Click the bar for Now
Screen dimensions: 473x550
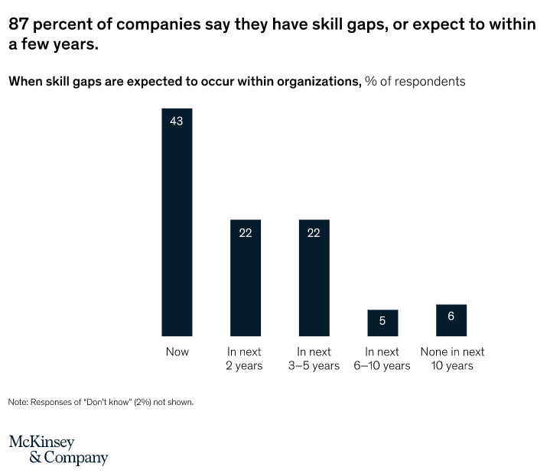(x=177, y=229)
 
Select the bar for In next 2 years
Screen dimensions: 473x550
(x=245, y=283)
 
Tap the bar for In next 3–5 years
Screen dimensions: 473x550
(x=314, y=283)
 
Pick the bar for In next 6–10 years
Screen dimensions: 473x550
(x=382, y=325)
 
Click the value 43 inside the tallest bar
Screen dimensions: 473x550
(x=177, y=121)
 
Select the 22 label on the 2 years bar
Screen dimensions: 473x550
(x=245, y=233)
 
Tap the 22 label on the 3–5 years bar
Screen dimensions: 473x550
(x=314, y=233)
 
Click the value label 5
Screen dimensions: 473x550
(x=382, y=321)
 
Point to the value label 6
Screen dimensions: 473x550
(x=451, y=315)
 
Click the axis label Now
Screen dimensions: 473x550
(x=177, y=352)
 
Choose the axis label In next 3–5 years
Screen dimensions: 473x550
(x=314, y=359)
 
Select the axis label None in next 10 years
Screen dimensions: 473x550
(x=452, y=359)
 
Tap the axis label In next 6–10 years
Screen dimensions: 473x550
(x=382, y=359)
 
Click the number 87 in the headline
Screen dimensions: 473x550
(x=19, y=24)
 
